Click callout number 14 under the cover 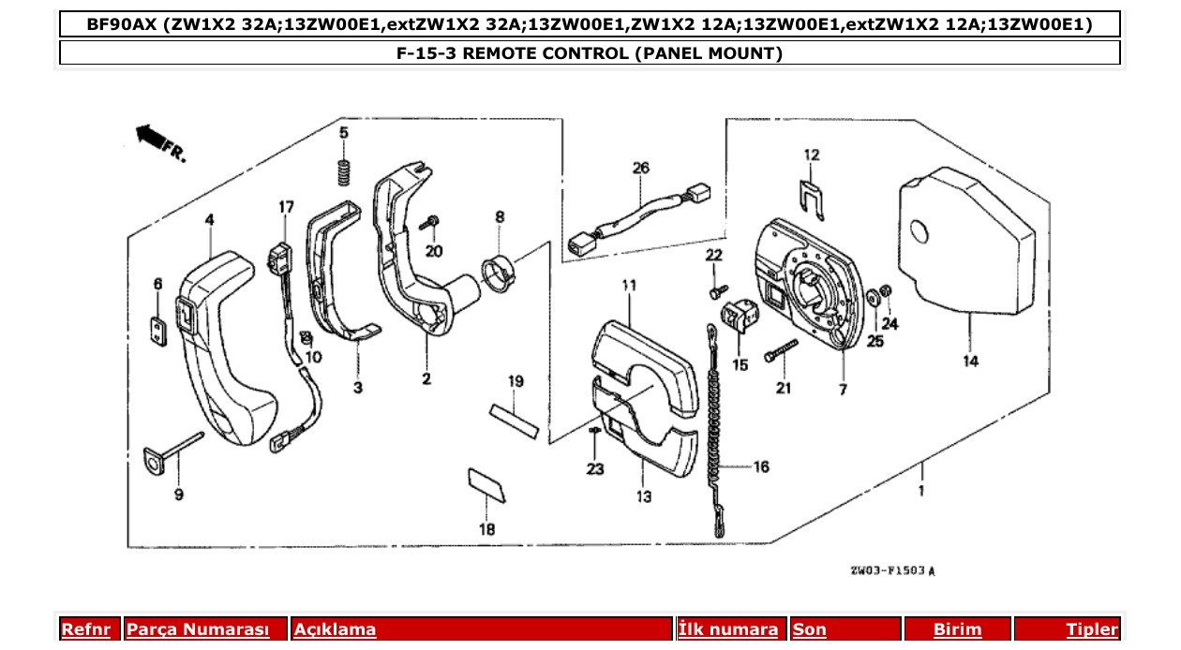[x=970, y=361]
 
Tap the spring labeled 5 [x=344, y=172]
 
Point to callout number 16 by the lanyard [x=760, y=465]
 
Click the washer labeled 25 [x=874, y=298]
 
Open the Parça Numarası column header [x=197, y=630]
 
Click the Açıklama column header [x=335, y=630]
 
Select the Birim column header [x=957, y=630]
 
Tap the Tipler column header [x=1092, y=630]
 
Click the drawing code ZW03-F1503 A [x=892, y=569]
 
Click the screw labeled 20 [x=431, y=221]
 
